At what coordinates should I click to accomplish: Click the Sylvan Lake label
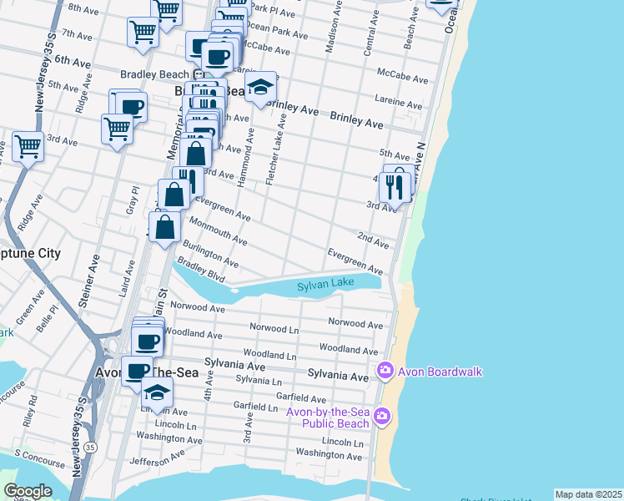coord(326,285)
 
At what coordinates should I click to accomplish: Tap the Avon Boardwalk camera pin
coord(385,370)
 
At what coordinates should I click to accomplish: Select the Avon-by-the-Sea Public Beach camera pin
coord(382,415)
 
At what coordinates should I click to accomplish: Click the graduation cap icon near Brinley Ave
coord(260,88)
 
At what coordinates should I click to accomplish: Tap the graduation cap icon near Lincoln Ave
coord(156,392)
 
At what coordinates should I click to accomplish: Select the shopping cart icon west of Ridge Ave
coord(28,147)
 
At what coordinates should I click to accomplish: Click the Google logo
coord(28,491)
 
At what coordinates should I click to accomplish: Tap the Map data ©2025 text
coord(588,494)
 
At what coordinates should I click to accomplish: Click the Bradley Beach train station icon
coord(189,74)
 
